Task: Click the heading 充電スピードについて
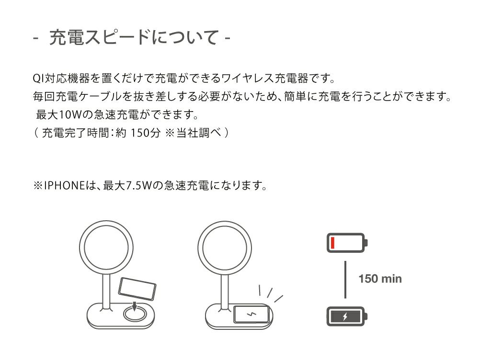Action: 134,37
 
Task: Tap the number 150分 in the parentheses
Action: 146,133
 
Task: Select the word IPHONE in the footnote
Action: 64,185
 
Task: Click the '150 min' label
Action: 380,279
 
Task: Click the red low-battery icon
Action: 347,243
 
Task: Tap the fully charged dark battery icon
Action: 347,316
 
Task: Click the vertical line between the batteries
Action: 345,280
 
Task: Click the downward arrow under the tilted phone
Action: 134,305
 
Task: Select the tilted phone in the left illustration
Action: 137,289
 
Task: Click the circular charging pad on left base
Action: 134,314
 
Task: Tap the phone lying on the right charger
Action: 251,314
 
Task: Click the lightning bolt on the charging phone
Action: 251,314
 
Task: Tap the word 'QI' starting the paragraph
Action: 38,79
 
